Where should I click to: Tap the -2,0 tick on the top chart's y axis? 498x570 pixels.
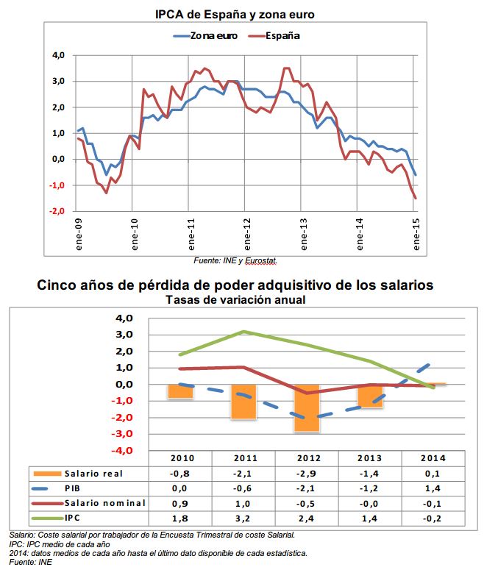(x=57, y=212)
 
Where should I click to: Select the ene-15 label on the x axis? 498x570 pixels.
(x=417, y=235)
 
